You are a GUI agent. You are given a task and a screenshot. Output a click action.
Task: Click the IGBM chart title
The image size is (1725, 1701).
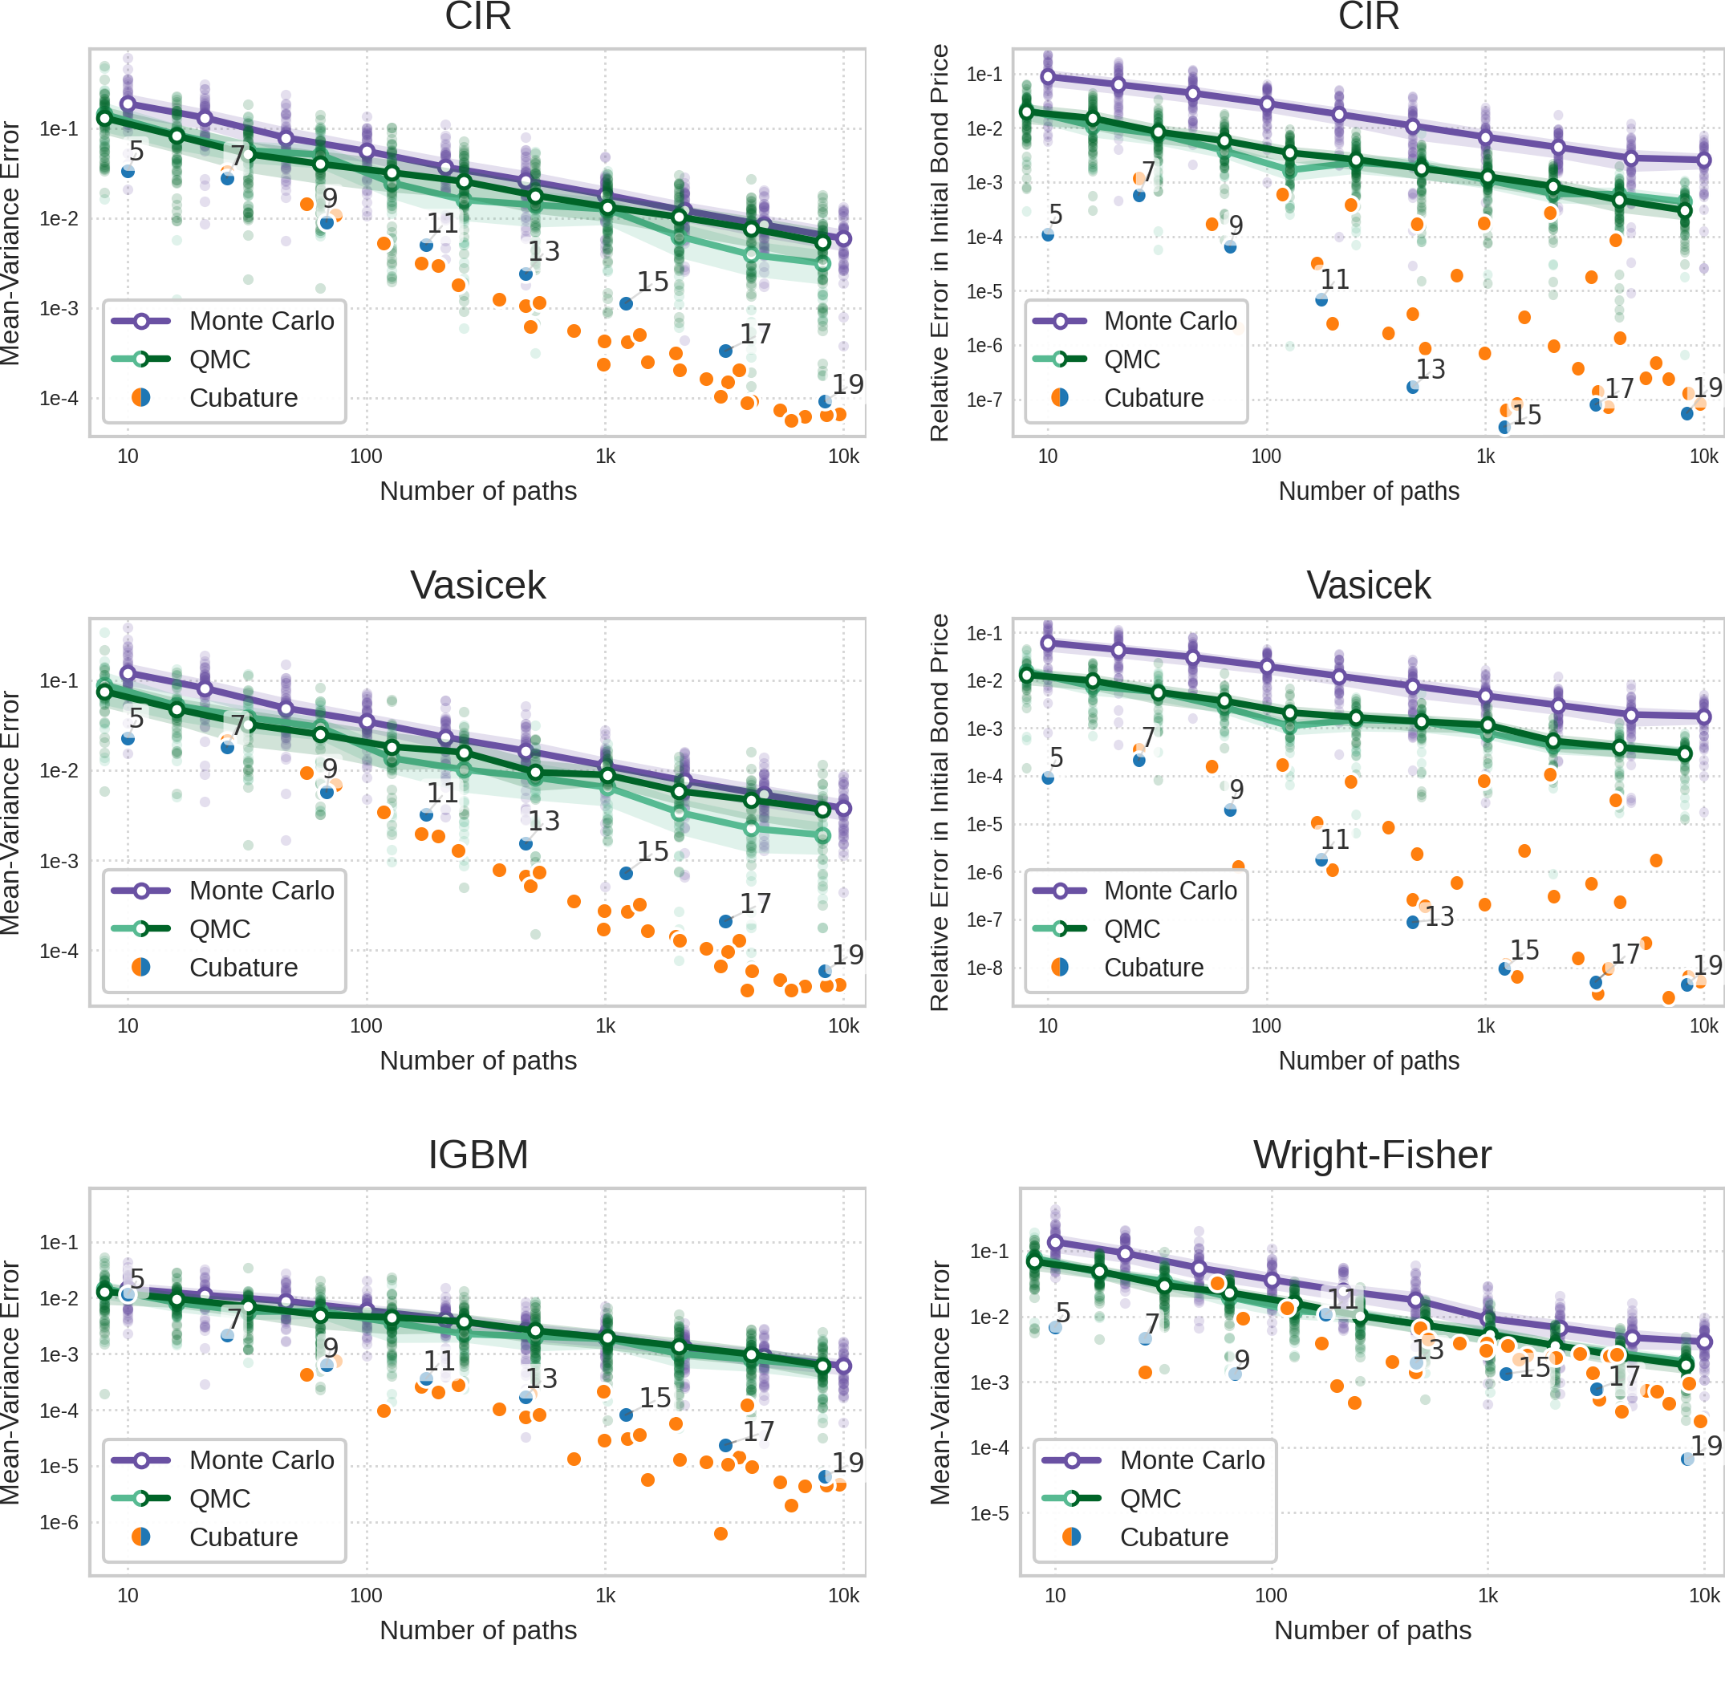(477, 1155)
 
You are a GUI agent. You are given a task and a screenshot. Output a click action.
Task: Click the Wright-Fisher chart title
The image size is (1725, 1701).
(1371, 1155)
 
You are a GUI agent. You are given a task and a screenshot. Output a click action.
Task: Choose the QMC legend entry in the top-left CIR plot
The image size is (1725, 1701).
(220, 359)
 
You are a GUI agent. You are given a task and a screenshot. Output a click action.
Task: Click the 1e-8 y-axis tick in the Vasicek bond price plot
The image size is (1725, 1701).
(984, 968)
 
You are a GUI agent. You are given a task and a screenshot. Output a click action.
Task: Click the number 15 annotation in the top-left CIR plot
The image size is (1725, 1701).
(652, 282)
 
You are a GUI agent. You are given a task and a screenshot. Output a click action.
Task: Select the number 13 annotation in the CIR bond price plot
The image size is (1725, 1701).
(1431, 369)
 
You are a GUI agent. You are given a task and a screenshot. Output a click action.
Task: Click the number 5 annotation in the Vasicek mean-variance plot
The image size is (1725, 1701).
(136, 717)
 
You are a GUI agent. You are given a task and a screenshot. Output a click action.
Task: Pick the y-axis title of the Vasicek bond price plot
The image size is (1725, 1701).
(940, 812)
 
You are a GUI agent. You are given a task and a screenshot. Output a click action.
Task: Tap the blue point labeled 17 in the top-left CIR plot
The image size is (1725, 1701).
(726, 351)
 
